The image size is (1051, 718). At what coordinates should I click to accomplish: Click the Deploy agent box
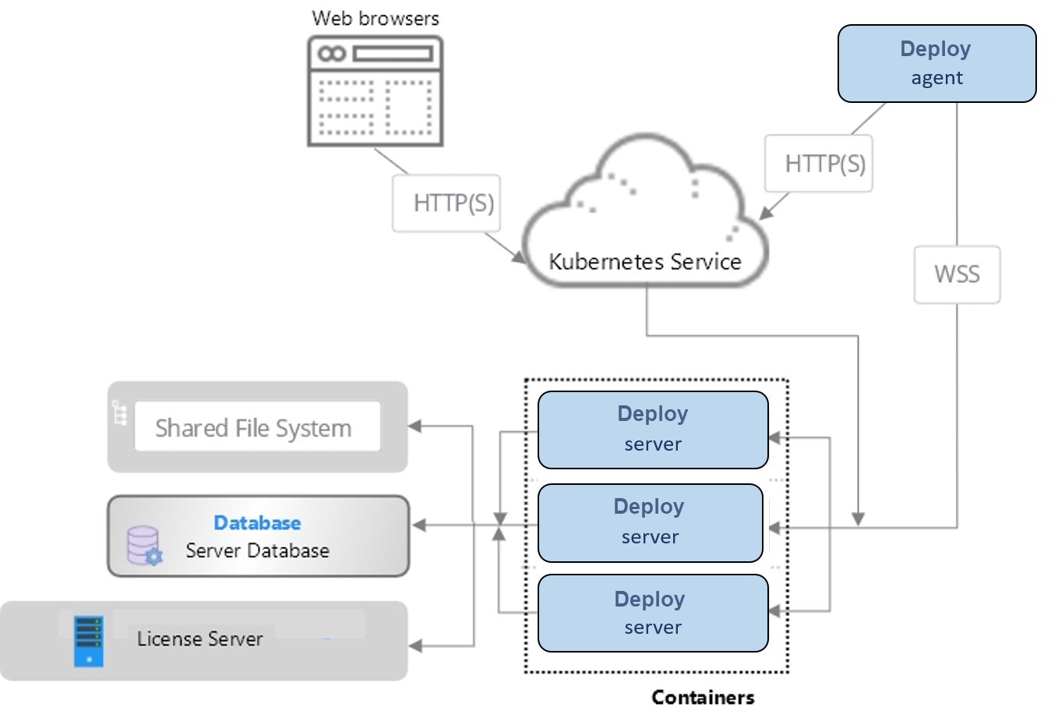(936, 63)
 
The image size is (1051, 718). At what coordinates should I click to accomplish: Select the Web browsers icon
(376, 91)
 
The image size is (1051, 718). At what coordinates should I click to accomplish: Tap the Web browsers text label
(376, 18)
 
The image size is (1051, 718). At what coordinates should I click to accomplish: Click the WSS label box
(957, 274)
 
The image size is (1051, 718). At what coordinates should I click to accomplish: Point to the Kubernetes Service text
(644, 261)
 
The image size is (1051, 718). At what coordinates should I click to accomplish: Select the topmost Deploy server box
(653, 430)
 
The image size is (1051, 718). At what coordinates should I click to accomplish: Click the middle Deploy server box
(650, 522)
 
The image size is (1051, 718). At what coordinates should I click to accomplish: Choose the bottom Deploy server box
(653, 613)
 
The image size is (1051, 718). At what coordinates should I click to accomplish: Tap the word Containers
(703, 697)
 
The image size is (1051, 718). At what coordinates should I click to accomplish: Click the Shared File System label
(253, 428)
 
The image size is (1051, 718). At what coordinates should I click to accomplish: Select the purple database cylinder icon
(144, 545)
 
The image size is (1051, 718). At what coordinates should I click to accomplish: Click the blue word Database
(257, 523)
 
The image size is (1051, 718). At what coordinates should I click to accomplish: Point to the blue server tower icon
(89, 641)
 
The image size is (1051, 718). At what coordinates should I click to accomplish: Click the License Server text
(200, 639)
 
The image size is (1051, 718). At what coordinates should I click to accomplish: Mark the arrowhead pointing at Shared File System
(415, 426)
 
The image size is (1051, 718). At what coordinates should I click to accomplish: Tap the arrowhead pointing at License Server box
(416, 645)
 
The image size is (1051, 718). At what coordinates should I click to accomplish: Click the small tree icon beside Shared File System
(119, 412)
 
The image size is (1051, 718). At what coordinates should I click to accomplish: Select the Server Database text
(257, 550)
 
